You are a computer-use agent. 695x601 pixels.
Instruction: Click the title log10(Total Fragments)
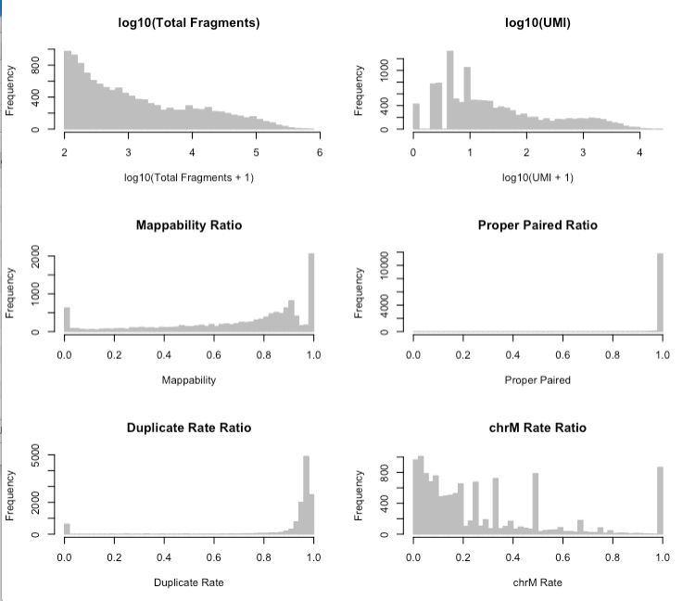pos(188,21)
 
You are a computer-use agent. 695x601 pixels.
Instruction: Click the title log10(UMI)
pos(537,21)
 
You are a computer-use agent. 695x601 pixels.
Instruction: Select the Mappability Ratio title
pos(188,225)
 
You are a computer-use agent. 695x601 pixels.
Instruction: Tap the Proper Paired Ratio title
pos(537,225)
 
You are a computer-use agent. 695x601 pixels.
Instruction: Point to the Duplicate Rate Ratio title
pos(188,428)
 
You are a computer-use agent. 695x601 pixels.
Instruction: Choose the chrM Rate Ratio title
pos(537,428)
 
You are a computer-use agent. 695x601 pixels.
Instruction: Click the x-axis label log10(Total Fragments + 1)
pos(188,177)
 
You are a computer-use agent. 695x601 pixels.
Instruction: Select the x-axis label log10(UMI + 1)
pos(537,177)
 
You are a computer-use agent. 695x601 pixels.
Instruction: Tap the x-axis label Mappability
pos(188,379)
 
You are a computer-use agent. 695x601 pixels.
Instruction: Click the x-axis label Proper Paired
pos(537,379)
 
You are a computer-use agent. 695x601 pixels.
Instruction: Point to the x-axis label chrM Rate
pos(537,582)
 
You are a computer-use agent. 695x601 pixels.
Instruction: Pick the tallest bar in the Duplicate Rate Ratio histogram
pos(306,496)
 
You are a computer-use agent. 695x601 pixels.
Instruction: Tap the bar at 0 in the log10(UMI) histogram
pos(416,116)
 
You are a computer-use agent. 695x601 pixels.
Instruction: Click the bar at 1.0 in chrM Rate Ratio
pos(660,501)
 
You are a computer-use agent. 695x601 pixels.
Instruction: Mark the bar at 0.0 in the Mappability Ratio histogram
pos(67,319)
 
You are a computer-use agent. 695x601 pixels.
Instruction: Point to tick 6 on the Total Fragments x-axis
pos(319,152)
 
